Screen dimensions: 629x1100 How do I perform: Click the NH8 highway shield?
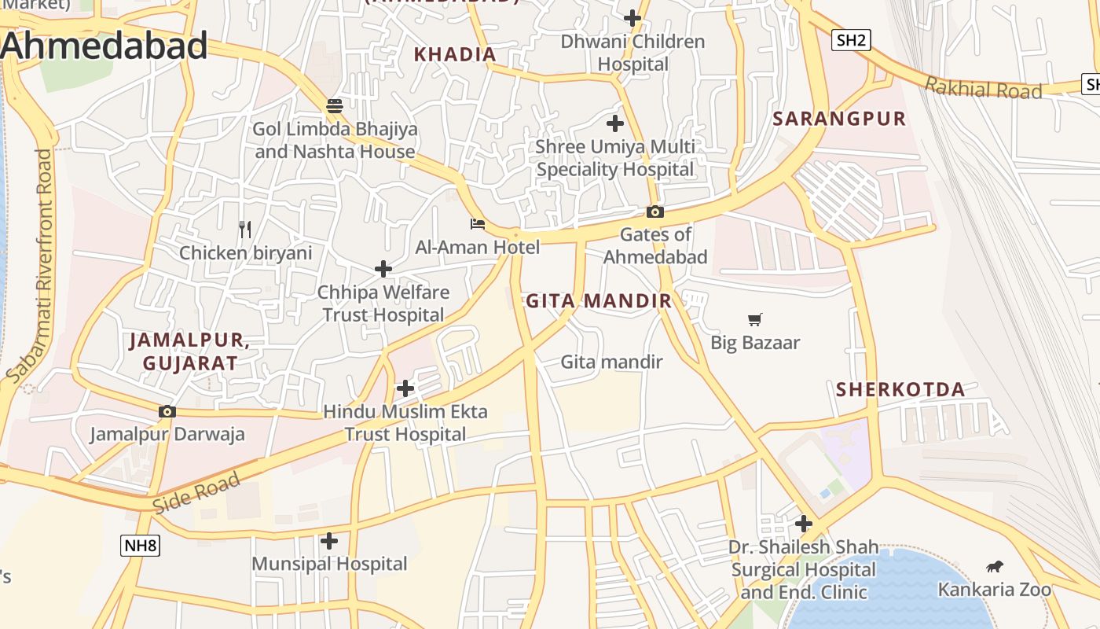click(x=140, y=546)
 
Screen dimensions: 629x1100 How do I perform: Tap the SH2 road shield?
click(x=851, y=40)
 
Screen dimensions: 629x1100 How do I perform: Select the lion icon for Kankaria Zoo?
click(x=994, y=566)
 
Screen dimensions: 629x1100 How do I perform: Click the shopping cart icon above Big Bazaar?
click(x=755, y=319)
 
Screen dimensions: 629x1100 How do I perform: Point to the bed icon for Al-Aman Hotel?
click(x=477, y=224)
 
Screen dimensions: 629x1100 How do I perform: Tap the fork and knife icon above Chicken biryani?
click(x=245, y=230)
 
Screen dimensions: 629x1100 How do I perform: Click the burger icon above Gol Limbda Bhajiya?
click(x=335, y=105)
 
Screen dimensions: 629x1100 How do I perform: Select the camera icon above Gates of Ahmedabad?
click(x=654, y=212)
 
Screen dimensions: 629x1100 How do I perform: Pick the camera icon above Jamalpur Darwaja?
click(x=167, y=411)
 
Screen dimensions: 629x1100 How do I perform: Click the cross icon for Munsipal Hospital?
click(x=329, y=541)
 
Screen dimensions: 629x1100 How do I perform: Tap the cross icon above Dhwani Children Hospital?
click(x=632, y=18)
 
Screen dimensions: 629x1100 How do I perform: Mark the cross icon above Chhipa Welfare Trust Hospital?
click(x=383, y=269)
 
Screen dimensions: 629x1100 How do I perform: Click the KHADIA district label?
click(x=455, y=54)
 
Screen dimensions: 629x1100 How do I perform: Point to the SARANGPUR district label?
click(x=839, y=119)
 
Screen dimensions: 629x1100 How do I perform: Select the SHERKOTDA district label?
click(x=900, y=389)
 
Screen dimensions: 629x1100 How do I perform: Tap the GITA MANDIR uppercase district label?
click(x=599, y=300)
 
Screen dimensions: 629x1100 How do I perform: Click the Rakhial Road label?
click(x=983, y=87)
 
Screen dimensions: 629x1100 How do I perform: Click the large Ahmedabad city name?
click(x=104, y=46)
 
